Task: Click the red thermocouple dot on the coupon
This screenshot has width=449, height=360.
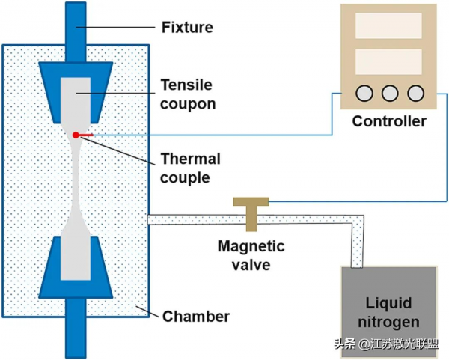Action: click(76, 135)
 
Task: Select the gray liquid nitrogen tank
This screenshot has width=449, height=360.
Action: click(388, 311)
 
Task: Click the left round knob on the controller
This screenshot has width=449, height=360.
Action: click(365, 94)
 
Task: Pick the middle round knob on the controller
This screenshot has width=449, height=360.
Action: click(389, 94)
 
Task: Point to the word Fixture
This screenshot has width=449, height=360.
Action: click(187, 28)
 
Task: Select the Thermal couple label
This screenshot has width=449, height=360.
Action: click(190, 168)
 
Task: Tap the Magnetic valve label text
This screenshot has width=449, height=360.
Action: click(251, 254)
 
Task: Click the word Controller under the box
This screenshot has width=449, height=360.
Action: click(389, 121)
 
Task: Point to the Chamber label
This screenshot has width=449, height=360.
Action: click(196, 317)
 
